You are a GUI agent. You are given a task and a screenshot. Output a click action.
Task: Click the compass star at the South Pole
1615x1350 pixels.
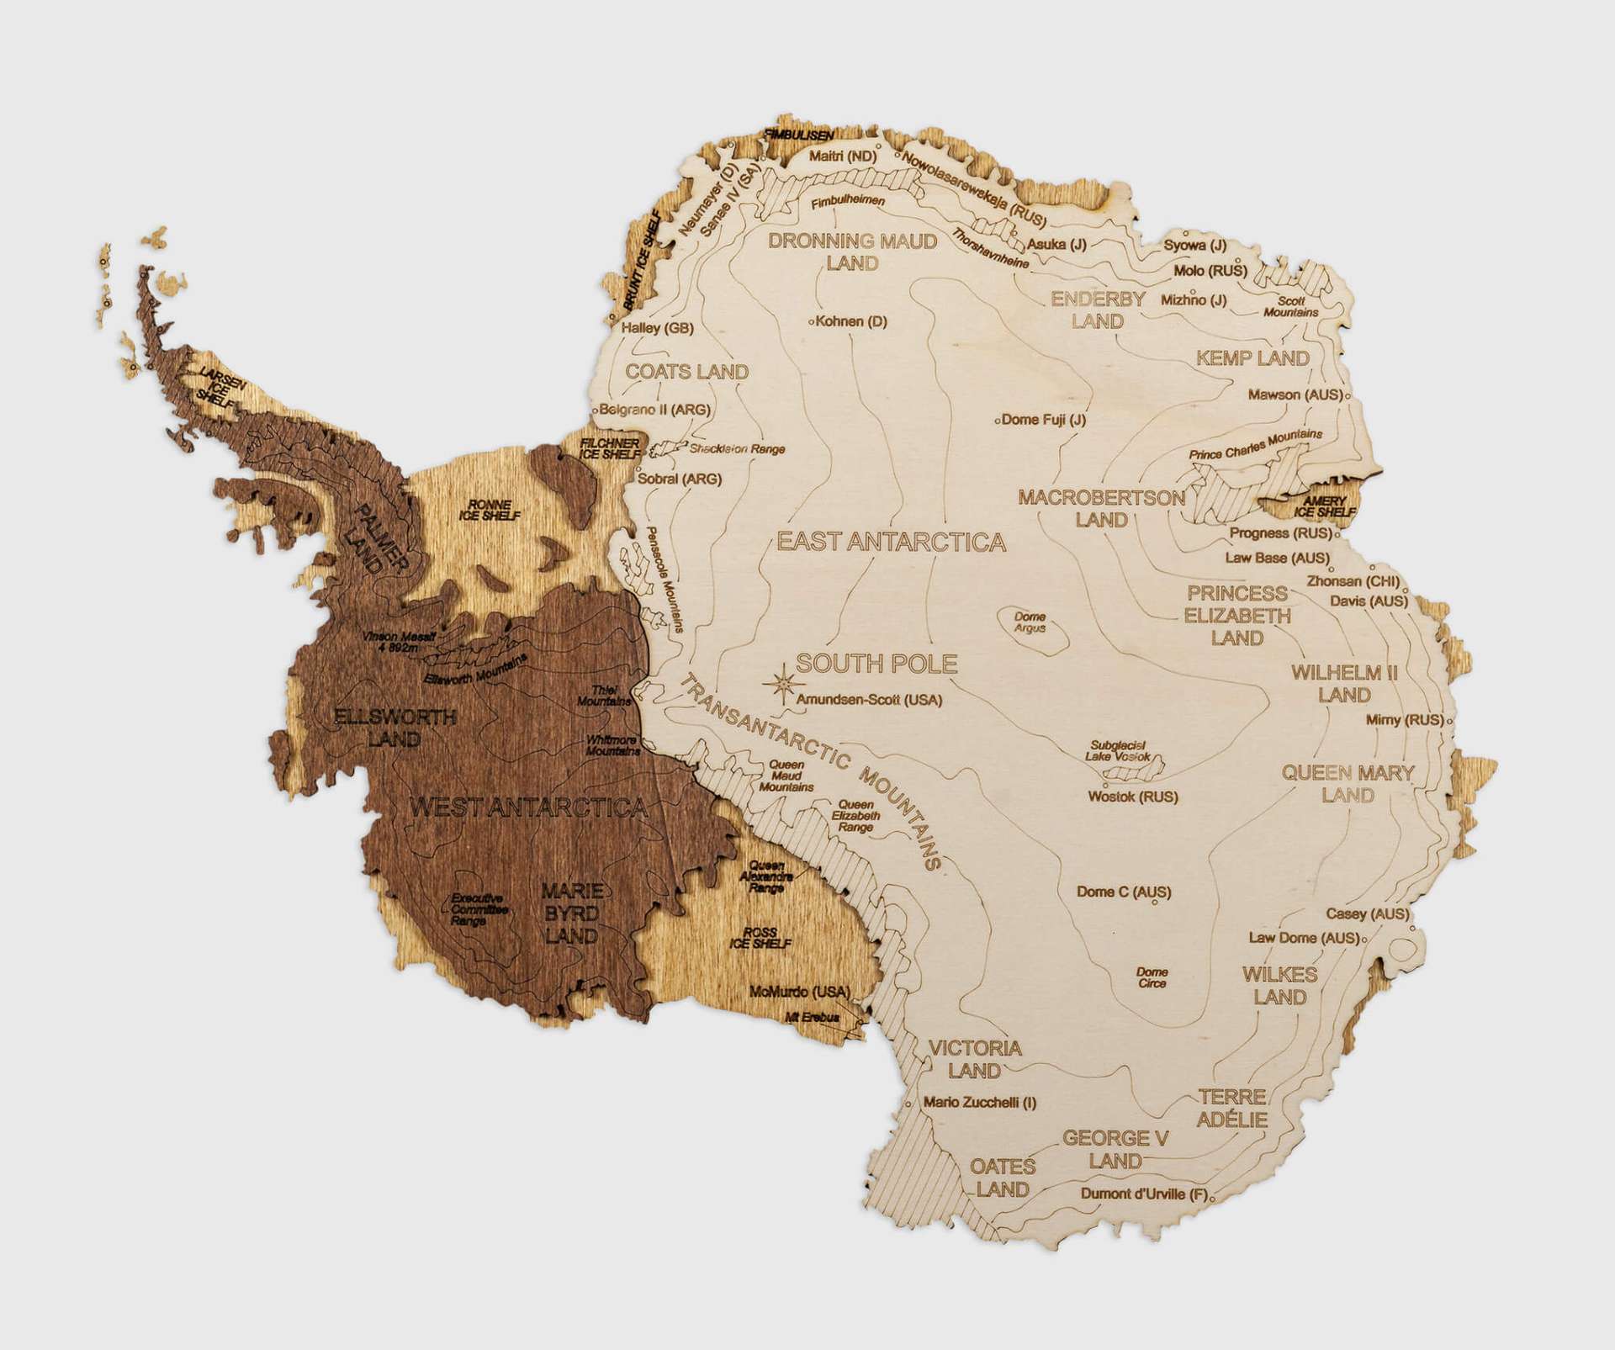[x=782, y=684]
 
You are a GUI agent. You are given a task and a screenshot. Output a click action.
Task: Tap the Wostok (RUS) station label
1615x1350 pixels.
[x=1133, y=796]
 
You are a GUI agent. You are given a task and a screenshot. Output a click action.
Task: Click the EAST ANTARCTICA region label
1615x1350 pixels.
[x=891, y=542]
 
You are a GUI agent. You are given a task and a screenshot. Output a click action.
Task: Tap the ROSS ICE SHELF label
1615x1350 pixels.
[x=760, y=938]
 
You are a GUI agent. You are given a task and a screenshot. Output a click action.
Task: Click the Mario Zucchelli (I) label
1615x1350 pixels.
[x=979, y=1102]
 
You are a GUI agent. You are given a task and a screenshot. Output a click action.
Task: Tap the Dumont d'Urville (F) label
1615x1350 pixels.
[x=1144, y=1194]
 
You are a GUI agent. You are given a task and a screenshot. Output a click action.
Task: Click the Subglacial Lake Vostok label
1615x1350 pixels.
[x=1118, y=750]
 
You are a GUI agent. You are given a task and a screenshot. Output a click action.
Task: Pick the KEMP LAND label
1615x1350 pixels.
[x=1252, y=358]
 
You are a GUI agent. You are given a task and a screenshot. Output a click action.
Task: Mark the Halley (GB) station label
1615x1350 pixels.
[x=657, y=328]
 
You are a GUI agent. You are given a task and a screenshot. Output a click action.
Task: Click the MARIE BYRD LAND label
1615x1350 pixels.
[x=571, y=913]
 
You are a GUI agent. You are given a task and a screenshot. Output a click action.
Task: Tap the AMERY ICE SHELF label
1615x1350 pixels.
[x=1325, y=506]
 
